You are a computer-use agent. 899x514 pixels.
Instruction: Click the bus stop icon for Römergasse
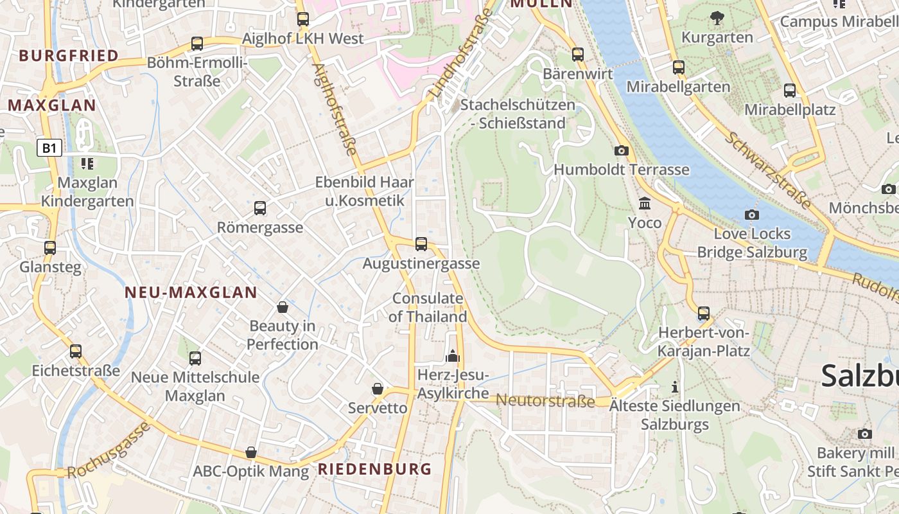pos(260,208)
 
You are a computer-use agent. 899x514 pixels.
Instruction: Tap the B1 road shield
pos(49,148)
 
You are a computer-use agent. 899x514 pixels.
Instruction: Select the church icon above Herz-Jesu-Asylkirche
pos(453,355)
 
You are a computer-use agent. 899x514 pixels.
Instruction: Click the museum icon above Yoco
pos(645,204)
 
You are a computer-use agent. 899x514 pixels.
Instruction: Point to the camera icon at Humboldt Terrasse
pos(622,150)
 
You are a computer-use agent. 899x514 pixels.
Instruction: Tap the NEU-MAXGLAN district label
pos(191,293)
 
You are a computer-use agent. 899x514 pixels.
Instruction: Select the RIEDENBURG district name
pos(375,469)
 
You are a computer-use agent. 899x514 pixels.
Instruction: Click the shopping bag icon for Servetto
pos(378,389)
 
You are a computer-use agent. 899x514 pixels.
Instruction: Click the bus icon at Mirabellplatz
pos(790,91)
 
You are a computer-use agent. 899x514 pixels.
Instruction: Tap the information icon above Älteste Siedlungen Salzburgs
pos(674,387)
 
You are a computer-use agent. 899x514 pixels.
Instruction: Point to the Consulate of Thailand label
pos(428,308)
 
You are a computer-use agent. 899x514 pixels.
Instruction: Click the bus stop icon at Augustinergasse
pos(421,244)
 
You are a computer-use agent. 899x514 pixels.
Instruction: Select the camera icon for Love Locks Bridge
pos(752,215)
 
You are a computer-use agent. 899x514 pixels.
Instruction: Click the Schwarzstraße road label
pos(768,170)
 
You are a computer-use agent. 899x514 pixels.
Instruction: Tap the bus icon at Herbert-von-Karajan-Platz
pos(704,314)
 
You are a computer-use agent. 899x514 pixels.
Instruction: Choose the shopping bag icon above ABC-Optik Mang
pos(251,452)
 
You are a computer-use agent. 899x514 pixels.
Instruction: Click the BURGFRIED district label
pos(69,56)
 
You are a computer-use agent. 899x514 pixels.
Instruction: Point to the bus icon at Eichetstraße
pos(76,351)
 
